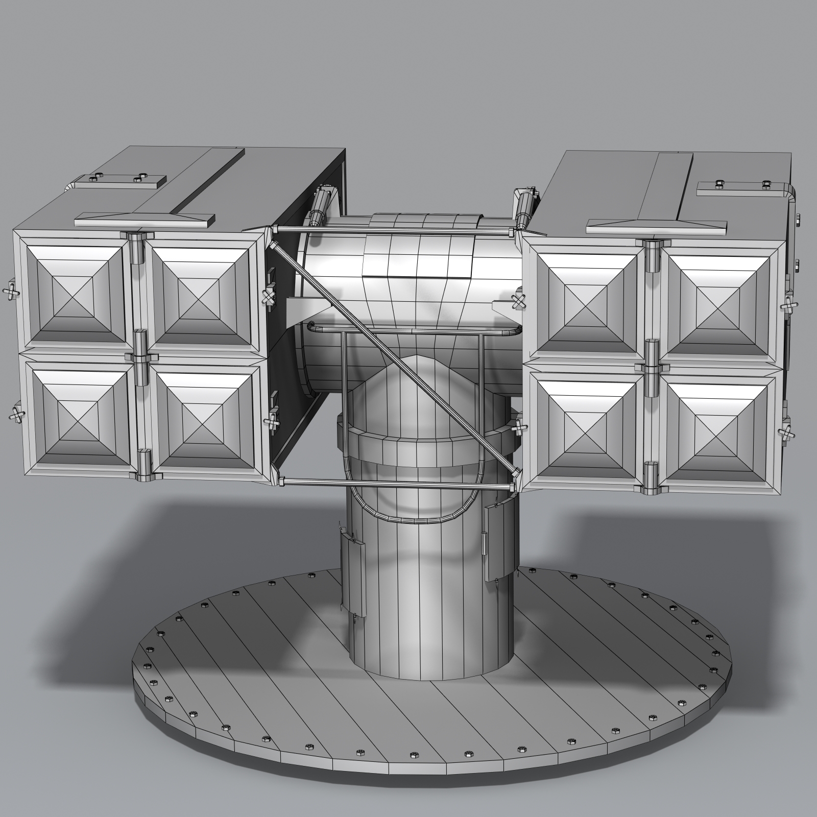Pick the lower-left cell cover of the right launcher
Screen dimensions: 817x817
point(586,427)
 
